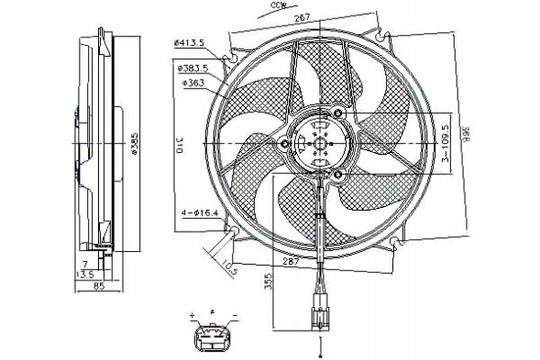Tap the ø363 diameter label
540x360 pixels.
[193, 82]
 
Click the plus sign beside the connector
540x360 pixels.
[193, 316]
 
